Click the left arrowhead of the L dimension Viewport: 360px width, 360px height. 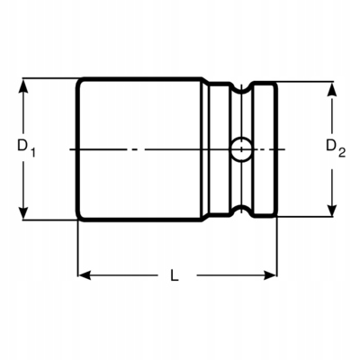tap(83, 273)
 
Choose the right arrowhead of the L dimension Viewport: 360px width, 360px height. tap(269, 273)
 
